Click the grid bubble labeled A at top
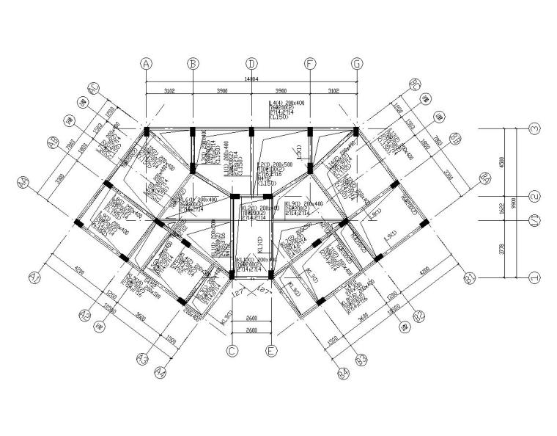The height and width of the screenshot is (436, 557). click(147, 64)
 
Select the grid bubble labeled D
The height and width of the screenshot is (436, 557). click(251, 64)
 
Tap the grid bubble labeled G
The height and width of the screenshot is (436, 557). click(357, 64)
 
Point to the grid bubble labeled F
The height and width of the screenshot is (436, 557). click(310, 64)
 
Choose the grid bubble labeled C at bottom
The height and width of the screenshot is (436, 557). click(232, 352)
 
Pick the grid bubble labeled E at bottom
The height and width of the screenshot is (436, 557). click(271, 352)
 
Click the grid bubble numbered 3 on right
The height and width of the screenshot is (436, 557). click(535, 128)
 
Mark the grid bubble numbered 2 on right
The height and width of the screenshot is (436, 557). click(535, 196)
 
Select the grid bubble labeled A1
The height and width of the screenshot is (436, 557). click(34, 277)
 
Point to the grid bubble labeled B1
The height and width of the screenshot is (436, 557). click(470, 277)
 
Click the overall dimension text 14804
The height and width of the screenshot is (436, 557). click(251, 79)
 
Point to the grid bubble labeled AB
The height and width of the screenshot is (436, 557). click(52, 142)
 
